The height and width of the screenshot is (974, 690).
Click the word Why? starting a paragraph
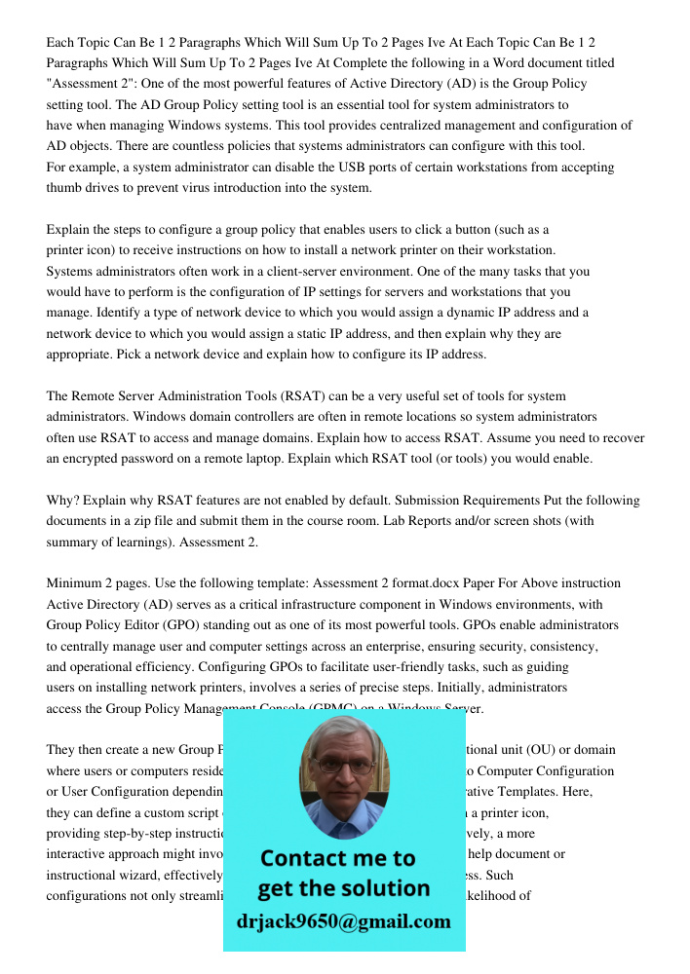tap(62, 501)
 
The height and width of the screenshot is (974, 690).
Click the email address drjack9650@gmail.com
tap(343, 921)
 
